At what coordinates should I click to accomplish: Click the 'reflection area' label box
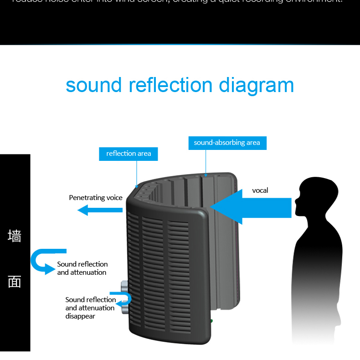click(x=129, y=154)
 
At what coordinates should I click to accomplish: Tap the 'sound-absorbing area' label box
click(x=227, y=143)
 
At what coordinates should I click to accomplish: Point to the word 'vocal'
click(x=260, y=190)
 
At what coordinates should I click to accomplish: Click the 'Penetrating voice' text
click(x=96, y=198)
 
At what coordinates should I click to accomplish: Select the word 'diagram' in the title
click(x=257, y=85)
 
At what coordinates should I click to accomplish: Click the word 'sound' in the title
click(x=94, y=85)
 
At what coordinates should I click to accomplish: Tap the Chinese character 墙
click(x=15, y=236)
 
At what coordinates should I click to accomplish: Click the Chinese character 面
click(x=15, y=282)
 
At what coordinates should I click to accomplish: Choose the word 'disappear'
click(x=80, y=316)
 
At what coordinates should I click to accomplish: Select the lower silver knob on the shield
click(x=124, y=310)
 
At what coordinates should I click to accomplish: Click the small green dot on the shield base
click(x=211, y=321)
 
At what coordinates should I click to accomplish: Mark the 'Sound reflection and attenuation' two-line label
click(x=82, y=268)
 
